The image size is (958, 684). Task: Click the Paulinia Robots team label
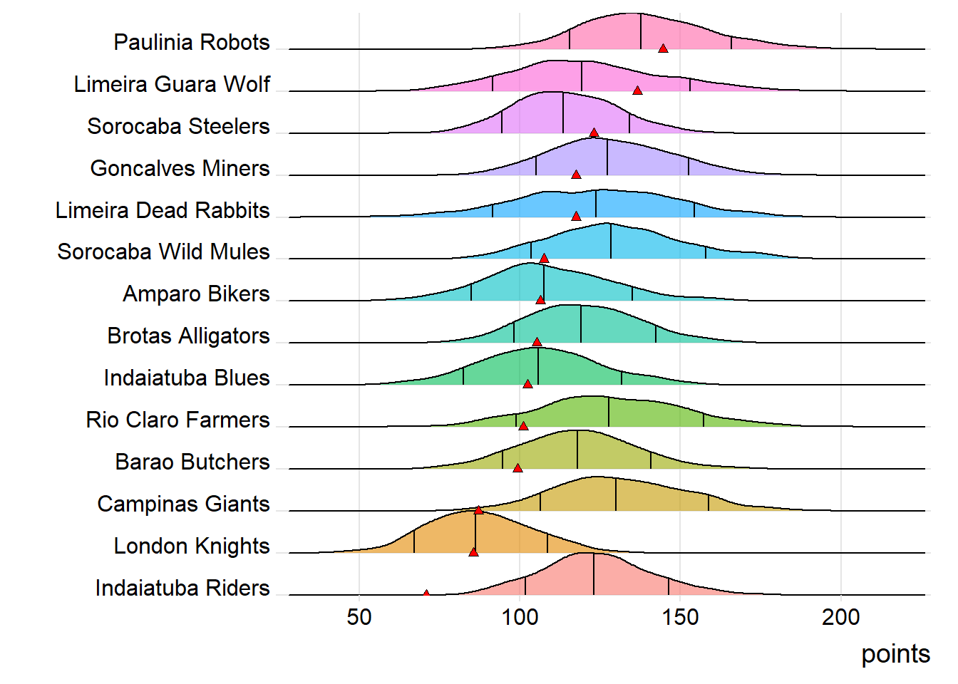point(192,42)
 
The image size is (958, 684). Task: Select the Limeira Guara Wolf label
point(172,84)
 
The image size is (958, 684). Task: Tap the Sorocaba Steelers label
point(178,126)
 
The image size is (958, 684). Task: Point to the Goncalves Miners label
point(180,168)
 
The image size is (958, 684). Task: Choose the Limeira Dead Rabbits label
point(163,210)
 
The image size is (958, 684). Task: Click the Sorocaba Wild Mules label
point(163,252)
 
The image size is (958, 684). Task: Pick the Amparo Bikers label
point(196,294)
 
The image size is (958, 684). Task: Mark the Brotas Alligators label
point(188,336)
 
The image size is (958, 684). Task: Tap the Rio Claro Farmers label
point(177,420)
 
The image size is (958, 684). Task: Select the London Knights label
point(192,546)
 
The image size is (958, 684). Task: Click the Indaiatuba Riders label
point(182,588)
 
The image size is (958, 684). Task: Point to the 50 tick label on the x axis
point(359,617)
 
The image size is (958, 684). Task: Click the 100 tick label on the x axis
point(520,617)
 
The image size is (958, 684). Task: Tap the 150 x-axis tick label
point(681,617)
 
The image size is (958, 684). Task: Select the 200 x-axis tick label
point(841,617)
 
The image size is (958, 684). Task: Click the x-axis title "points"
point(895,653)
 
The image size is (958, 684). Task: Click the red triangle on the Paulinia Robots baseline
point(663,48)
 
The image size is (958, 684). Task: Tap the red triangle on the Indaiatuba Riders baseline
point(426,593)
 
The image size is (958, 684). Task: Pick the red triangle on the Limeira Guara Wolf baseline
point(637,90)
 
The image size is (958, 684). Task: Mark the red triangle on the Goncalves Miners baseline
point(576,175)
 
